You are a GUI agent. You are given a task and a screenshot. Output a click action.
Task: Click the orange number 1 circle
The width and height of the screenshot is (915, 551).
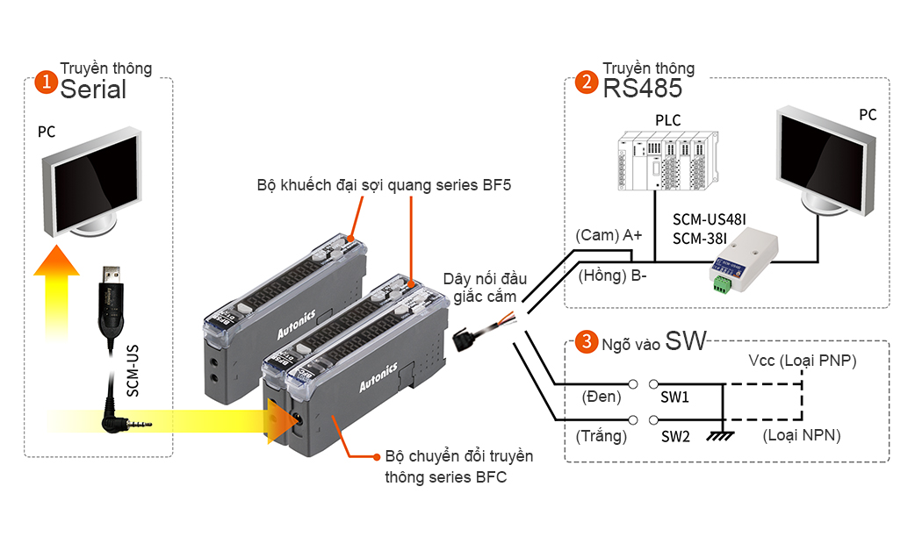pyautogui.click(x=44, y=82)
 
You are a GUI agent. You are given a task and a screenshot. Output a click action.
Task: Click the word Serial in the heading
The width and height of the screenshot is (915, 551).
pyautogui.click(x=93, y=89)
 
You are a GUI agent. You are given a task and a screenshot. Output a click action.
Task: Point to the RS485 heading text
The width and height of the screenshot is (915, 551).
pyautogui.click(x=642, y=89)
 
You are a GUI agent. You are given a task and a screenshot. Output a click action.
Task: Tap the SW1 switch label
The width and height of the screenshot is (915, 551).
pyautogui.click(x=675, y=397)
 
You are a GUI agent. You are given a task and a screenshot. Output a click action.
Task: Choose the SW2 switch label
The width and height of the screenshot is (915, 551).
pyautogui.click(x=675, y=435)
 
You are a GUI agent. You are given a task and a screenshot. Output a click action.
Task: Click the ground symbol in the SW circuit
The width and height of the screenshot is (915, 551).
pyautogui.click(x=722, y=433)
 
